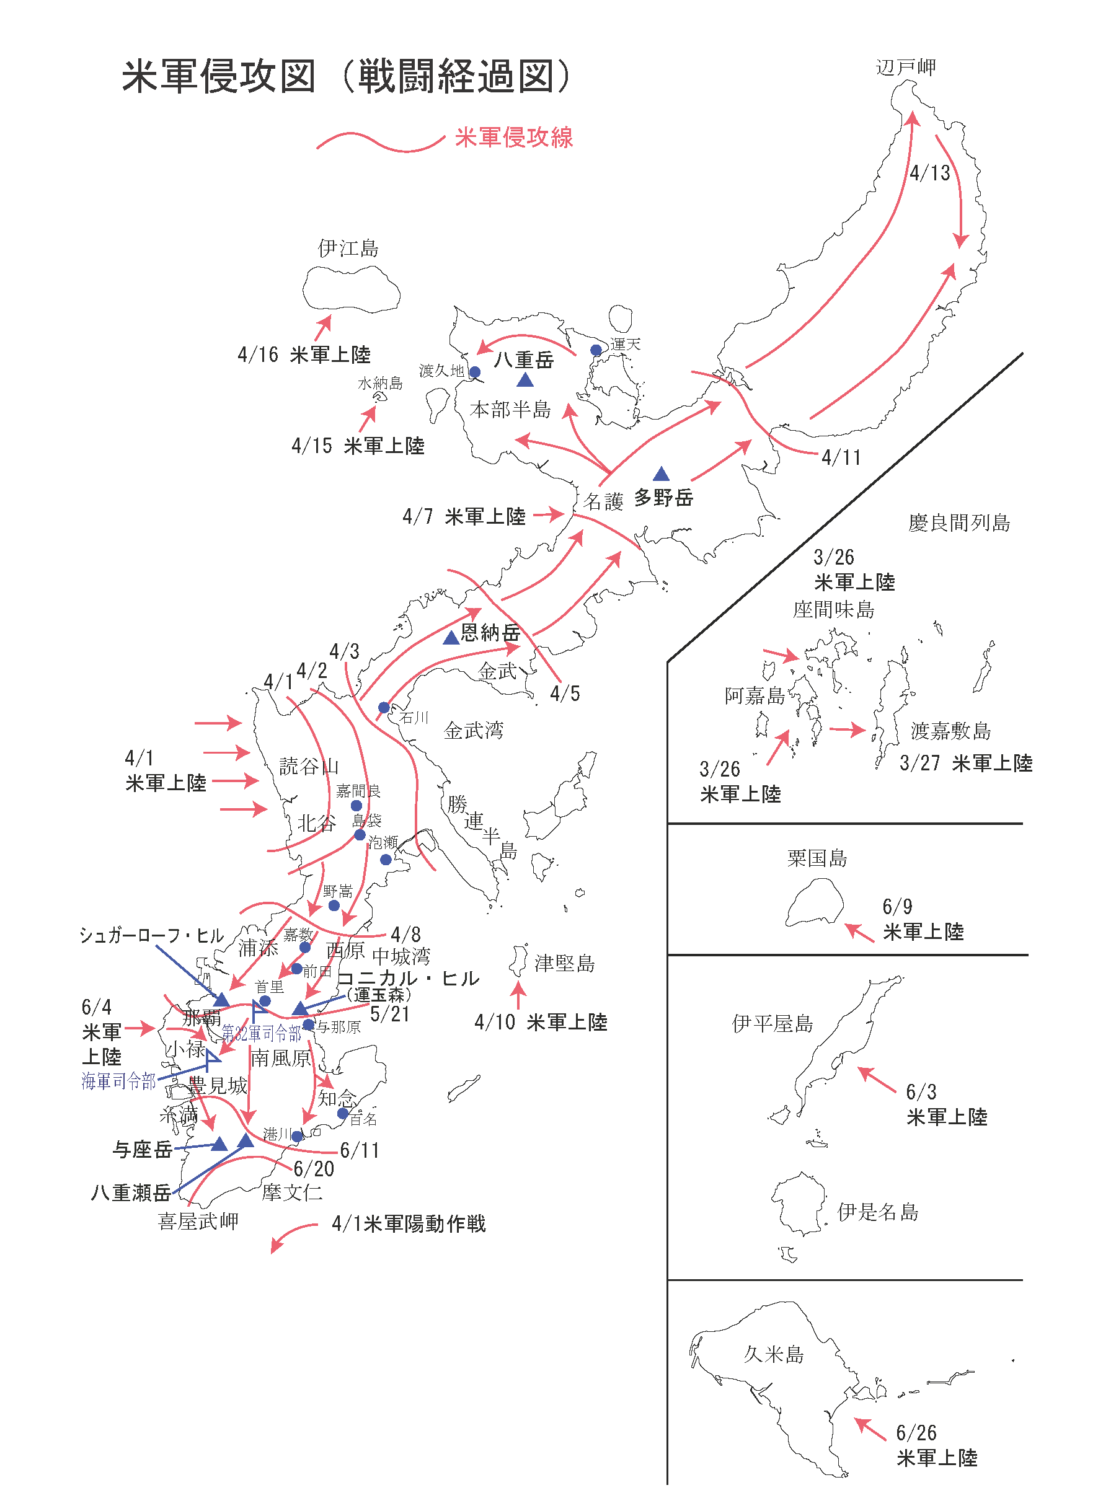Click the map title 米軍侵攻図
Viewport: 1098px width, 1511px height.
tap(218, 77)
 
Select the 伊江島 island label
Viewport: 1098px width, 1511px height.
tap(348, 249)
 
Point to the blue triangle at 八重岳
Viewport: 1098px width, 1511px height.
tap(525, 380)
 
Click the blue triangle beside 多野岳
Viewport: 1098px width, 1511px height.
tap(661, 474)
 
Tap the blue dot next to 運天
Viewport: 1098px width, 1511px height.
tap(596, 350)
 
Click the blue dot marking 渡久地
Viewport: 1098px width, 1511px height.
tap(475, 372)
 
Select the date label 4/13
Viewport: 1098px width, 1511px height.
tap(930, 173)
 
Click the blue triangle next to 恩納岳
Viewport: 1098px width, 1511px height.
tap(451, 638)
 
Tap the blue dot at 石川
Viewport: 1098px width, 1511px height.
tap(384, 708)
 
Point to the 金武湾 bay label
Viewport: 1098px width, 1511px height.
tap(474, 731)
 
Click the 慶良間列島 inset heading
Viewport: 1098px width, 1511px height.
tap(959, 523)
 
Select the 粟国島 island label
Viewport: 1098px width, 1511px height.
tap(817, 858)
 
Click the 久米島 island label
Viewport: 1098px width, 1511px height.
tap(774, 1354)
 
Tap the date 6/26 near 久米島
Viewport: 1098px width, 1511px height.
tap(916, 1433)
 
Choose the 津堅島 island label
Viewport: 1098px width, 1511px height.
tap(564, 963)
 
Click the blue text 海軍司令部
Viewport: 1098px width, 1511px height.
tap(118, 1081)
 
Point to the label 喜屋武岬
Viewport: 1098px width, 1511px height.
tap(198, 1220)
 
